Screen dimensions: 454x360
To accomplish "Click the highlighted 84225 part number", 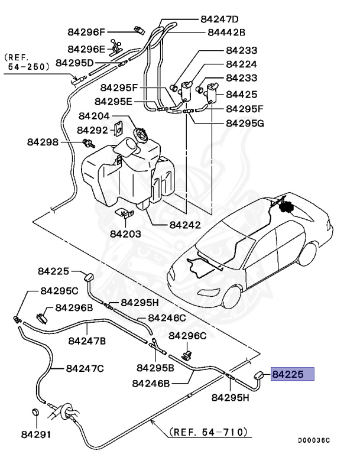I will (x=292, y=374).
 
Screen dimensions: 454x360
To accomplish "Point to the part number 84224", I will (x=241, y=65).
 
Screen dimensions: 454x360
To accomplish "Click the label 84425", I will (x=241, y=93).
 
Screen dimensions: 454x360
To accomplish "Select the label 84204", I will (x=92, y=117).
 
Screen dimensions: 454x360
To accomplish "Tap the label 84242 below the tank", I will (x=185, y=225).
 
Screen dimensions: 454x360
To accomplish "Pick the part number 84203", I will (x=125, y=234).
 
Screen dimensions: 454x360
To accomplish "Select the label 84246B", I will (x=151, y=383).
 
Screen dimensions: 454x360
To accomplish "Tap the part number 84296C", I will (x=187, y=336).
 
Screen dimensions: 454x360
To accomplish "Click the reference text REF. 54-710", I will (x=209, y=432).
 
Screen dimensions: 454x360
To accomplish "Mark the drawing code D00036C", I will (x=313, y=440).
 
